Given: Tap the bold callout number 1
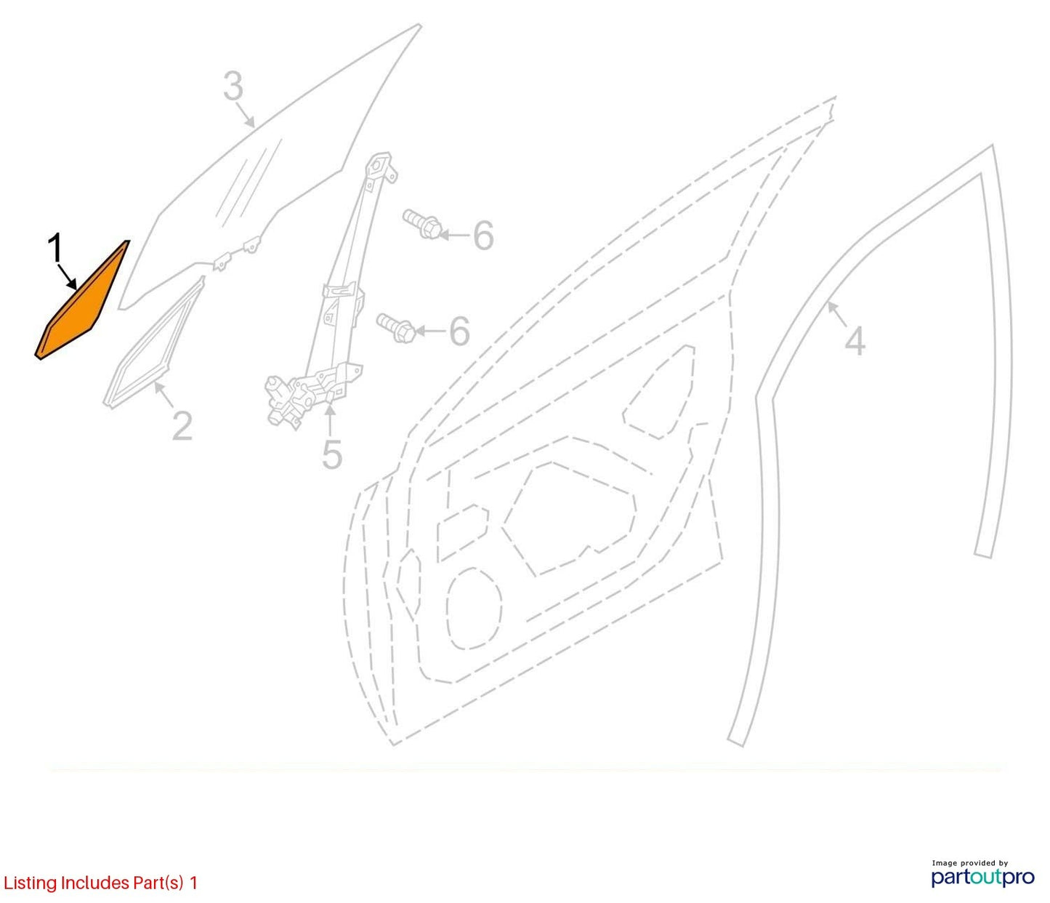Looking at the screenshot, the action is tap(55, 249).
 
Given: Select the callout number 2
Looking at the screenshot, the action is tap(182, 426).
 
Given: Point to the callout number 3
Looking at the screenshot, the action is tap(234, 86).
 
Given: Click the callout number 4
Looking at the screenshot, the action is tap(855, 341).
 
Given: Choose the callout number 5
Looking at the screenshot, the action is tap(332, 455).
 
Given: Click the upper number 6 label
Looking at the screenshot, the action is tap(483, 236).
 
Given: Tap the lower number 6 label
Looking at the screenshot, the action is tap(459, 331).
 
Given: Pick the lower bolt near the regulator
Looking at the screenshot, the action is tap(396, 328).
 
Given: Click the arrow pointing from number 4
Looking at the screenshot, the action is tap(838, 315).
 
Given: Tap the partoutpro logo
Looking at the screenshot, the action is tap(982, 878).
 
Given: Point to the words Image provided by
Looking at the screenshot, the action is tap(970, 863).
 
